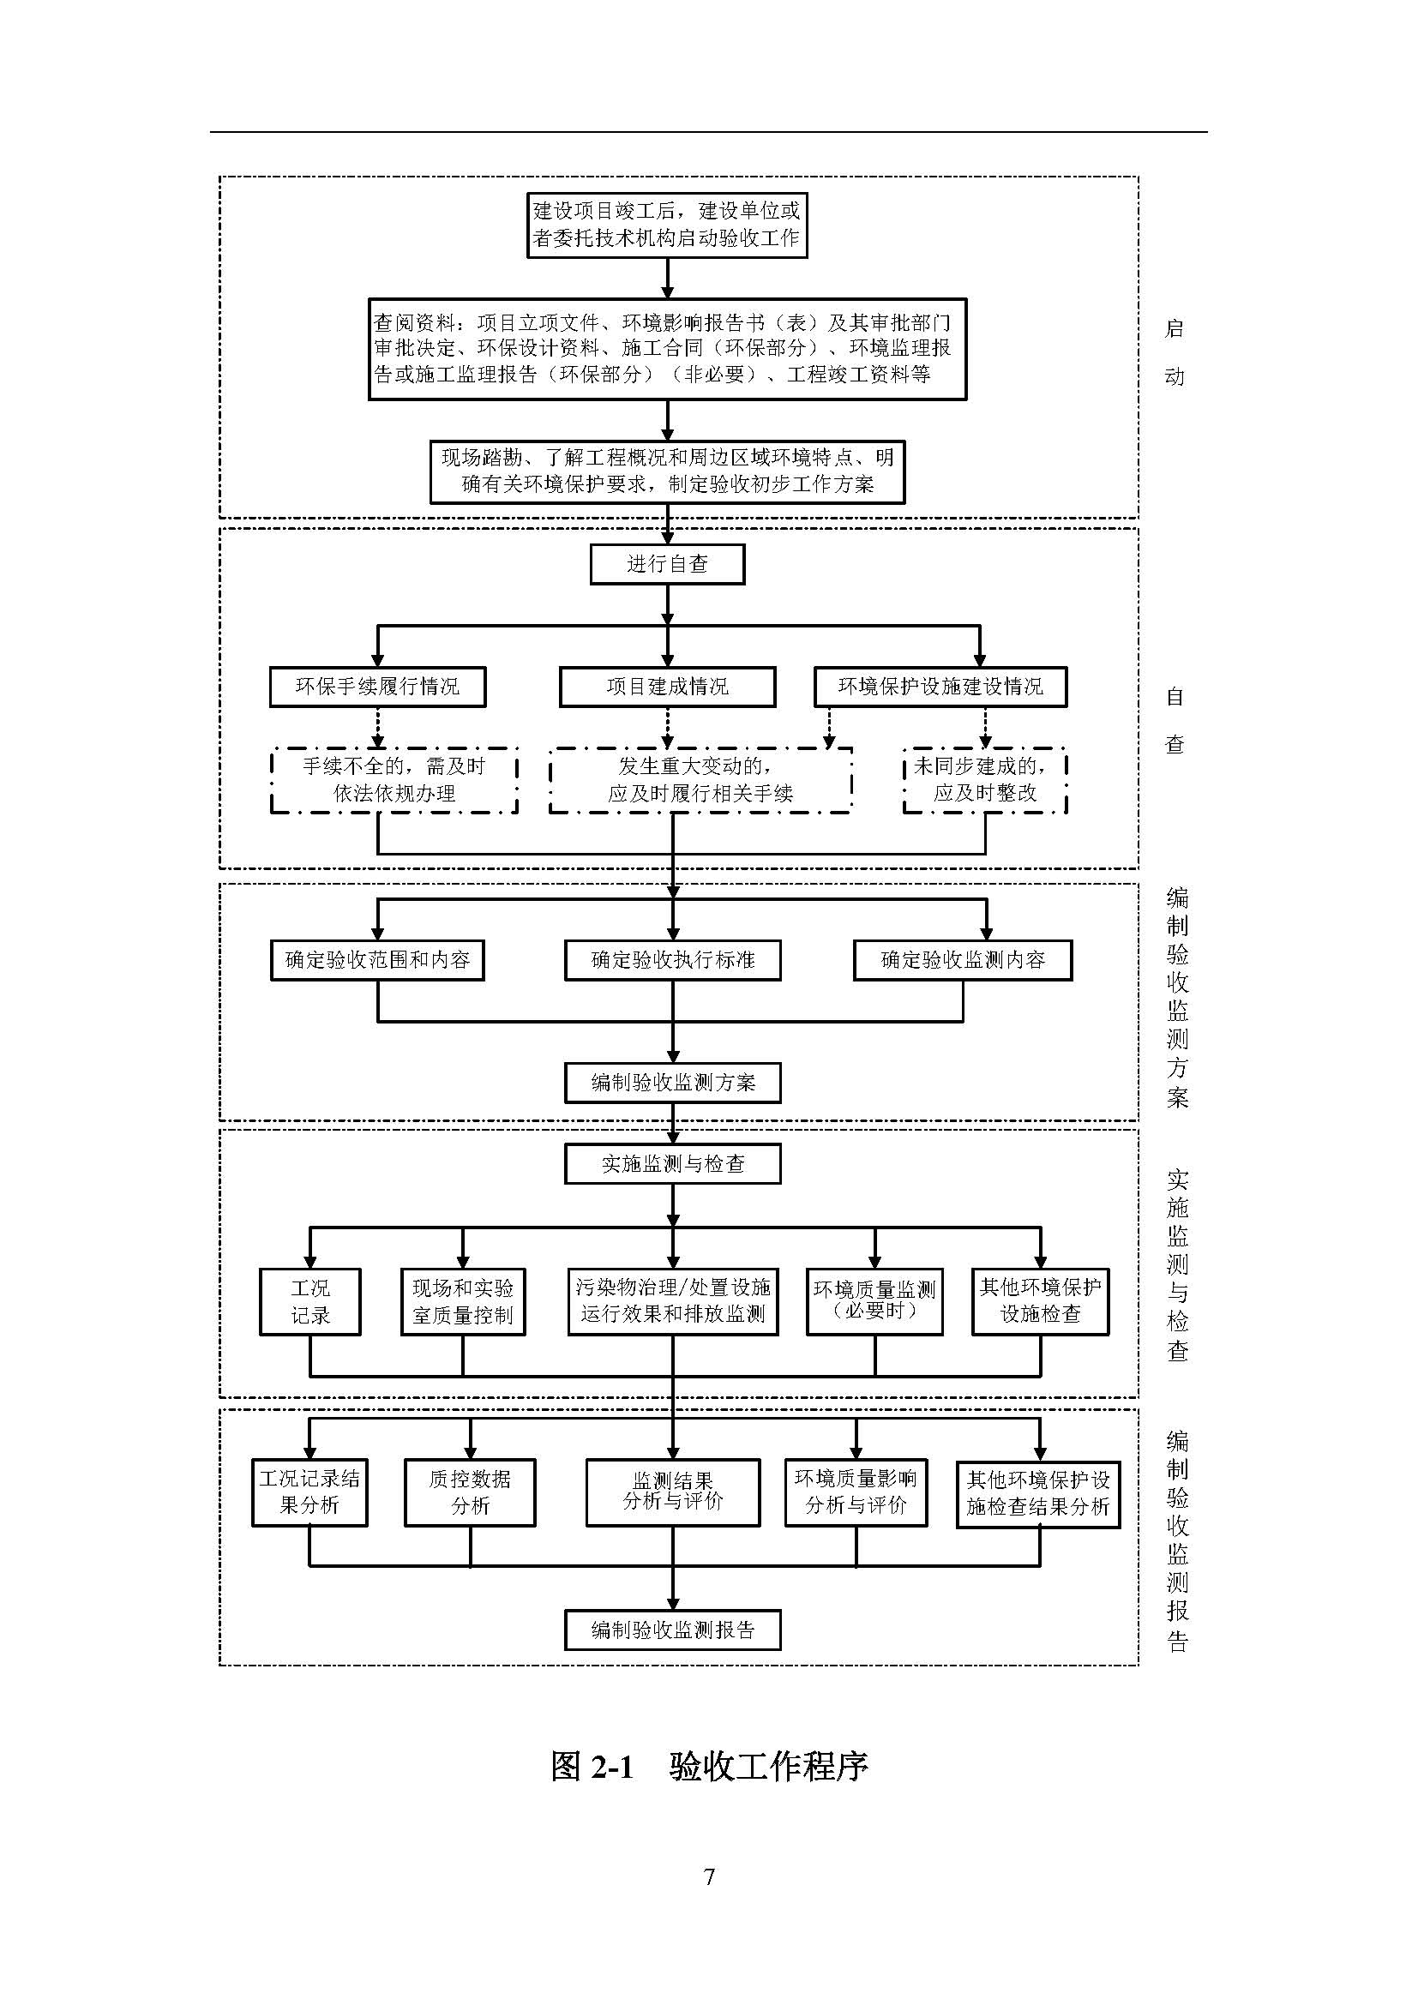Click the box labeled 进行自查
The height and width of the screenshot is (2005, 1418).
click(667, 564)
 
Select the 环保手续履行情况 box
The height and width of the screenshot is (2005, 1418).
click(377, 687)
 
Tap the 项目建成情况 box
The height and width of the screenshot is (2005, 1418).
click(667, 687)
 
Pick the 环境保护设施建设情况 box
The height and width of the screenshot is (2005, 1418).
click(940, 687)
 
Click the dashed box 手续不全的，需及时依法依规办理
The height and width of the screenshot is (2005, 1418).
click(394, 780)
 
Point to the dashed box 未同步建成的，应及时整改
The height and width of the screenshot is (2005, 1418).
click(985, 780)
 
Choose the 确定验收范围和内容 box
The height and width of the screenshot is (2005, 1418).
click(377, 960)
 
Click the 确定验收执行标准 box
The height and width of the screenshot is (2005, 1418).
click(672, 960)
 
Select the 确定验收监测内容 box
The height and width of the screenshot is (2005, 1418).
click(962, 960)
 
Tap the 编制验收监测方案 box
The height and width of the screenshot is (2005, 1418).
click(672, 1083)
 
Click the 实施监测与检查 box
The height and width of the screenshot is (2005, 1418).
click(672, 1164)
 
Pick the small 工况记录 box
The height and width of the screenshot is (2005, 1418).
click(310, 1301)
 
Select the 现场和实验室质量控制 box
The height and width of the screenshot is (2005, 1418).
click(463, 1301)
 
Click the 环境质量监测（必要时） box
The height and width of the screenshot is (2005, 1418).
click(874, 1301)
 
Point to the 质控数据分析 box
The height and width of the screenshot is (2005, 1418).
click(470, 1492)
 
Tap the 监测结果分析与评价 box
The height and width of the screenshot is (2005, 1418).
click(672, 1492)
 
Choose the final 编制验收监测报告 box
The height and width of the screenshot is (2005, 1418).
click(672, 1630)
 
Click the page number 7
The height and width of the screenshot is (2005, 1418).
click(709, 1876)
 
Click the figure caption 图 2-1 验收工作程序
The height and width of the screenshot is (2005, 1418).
click(709, 1766)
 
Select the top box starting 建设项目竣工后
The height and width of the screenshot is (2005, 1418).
click(667, 225)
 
